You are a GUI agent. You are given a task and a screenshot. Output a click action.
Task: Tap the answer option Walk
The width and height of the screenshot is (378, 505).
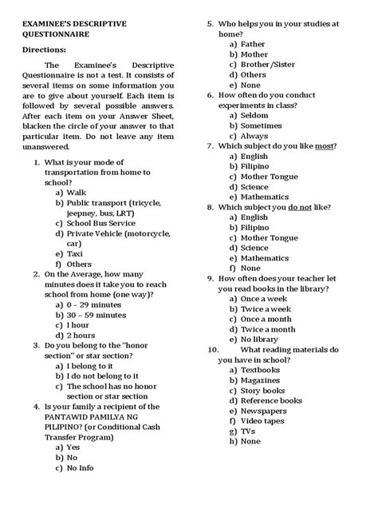[77, 193]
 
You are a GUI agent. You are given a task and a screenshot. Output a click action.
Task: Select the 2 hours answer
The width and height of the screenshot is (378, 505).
[81, 335]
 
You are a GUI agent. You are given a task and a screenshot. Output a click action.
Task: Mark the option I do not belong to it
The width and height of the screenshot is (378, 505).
[104, 375]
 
